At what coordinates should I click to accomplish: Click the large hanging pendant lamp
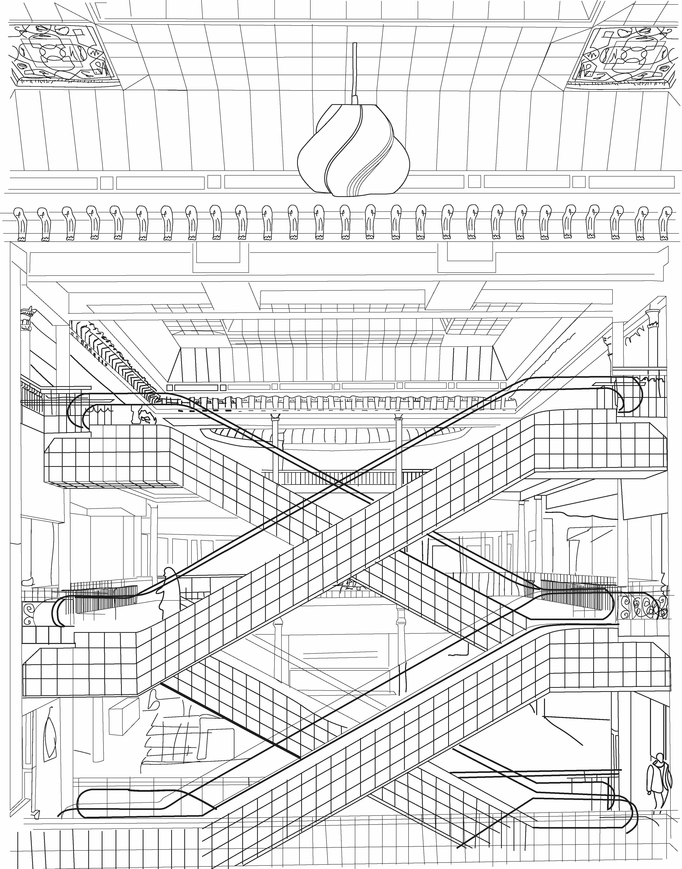coord(353,154)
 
